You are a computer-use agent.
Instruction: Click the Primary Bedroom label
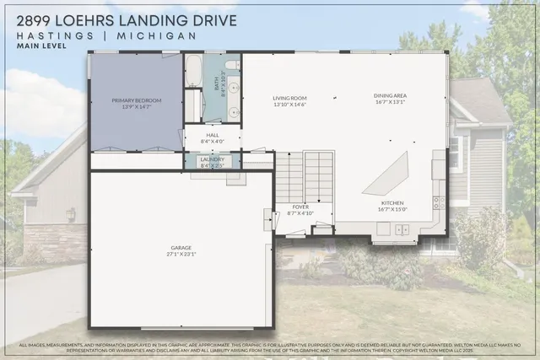(x=136, y=100)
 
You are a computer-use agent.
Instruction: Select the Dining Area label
(x=390, y=96)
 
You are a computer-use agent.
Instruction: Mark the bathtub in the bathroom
(x=193, y=71)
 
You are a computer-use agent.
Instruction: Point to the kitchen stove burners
(x=438, y=202)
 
